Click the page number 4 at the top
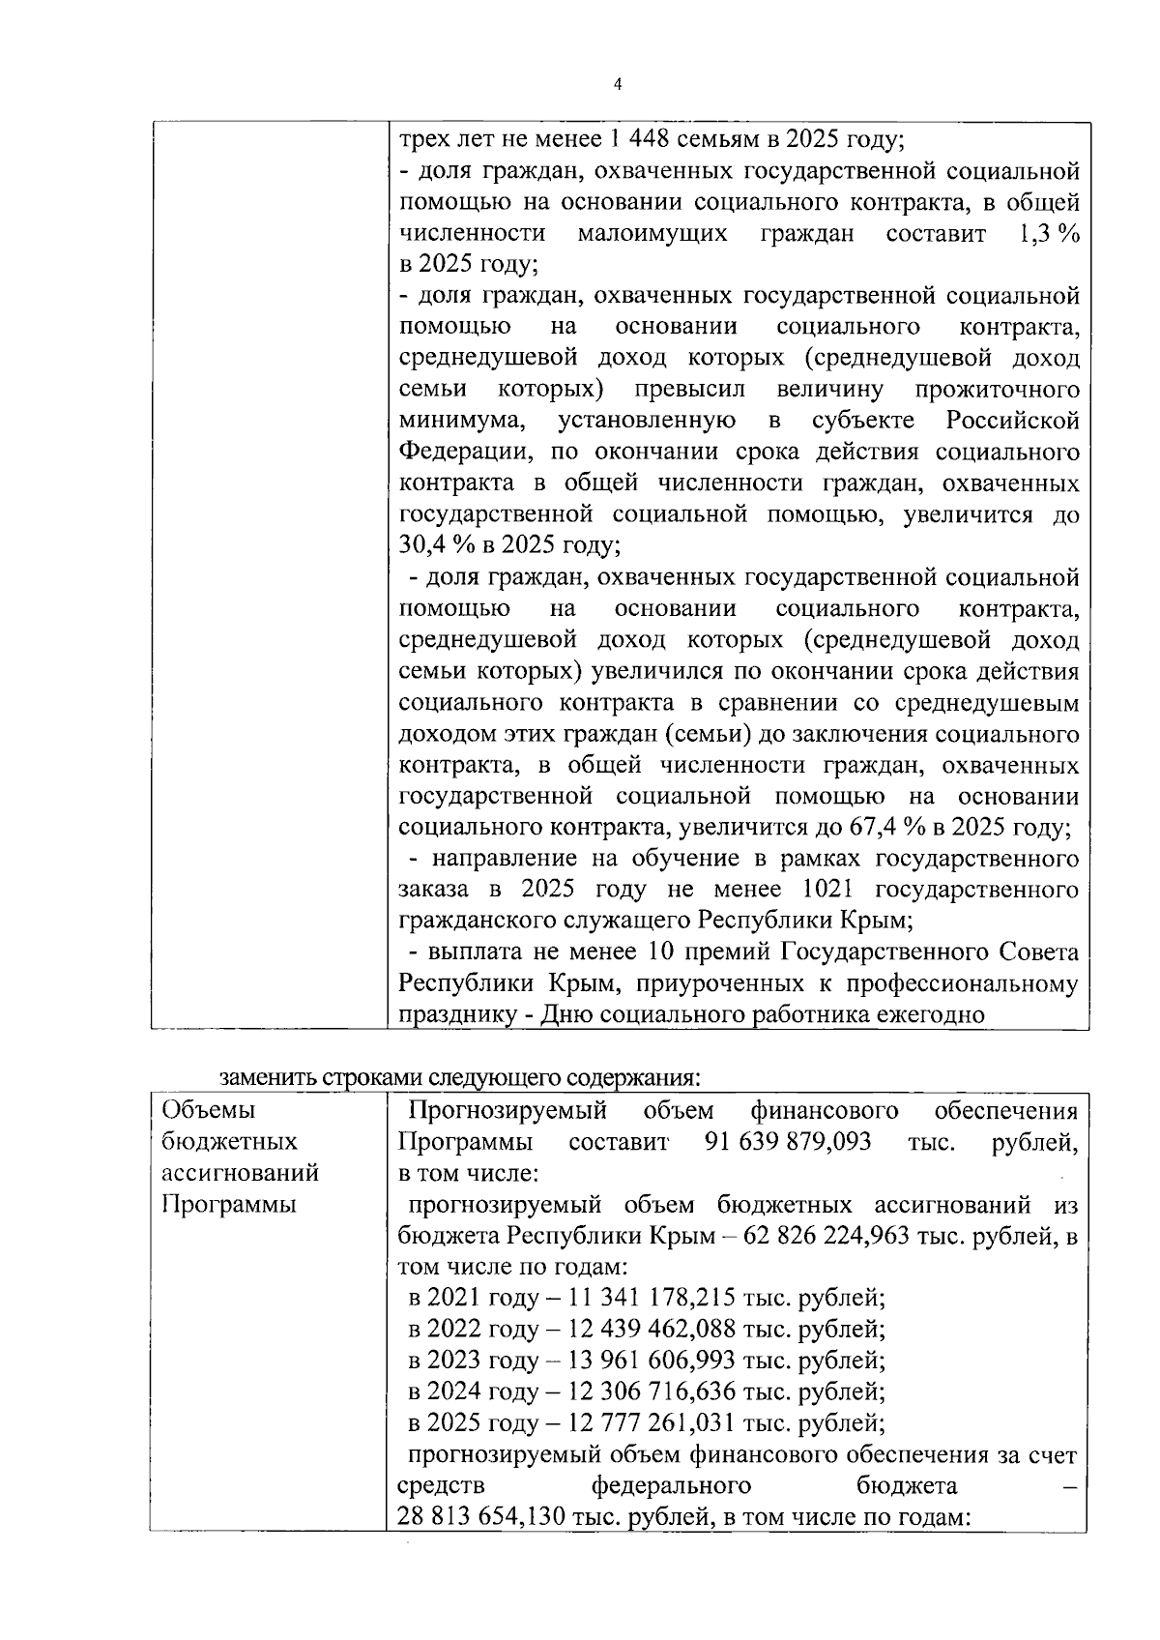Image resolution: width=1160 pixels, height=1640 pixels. [618, 84]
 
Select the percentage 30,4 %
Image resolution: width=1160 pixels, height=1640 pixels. [433, 544]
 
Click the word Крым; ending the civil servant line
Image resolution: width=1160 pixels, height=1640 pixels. [882, 920]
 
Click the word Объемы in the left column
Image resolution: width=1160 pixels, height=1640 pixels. [201, 1110]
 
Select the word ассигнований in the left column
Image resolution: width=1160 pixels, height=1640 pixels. [240, 1173]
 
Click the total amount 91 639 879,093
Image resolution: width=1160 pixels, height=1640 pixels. [788, 1142]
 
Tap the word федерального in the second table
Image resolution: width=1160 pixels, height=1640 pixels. [671, 1485]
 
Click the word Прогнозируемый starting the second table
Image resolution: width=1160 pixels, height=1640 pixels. [507, 1110]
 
